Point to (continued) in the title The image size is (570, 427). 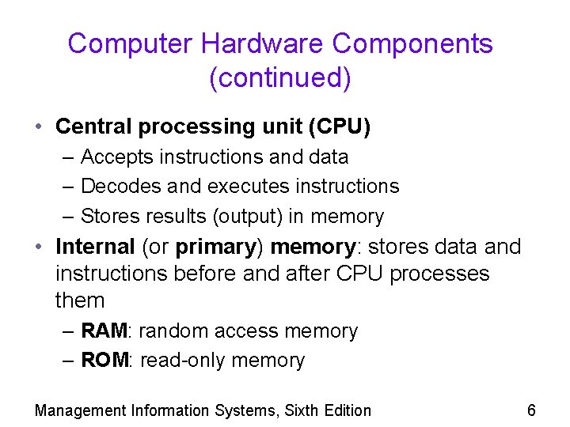pyautogui.click(x=280, y=78)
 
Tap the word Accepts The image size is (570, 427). pyautogui.click(x=116, y=157)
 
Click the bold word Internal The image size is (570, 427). pyautogui.click(x=95, y=247)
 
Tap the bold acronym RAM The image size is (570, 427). pyautogui.click(x=103, y=331)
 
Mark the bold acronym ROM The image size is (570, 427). pyautogui.click(x=104, y=361)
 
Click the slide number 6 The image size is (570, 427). pyautogui.click(x=531, y=410)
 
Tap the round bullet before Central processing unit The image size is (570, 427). pyautogui.click(x=39, y=127)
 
